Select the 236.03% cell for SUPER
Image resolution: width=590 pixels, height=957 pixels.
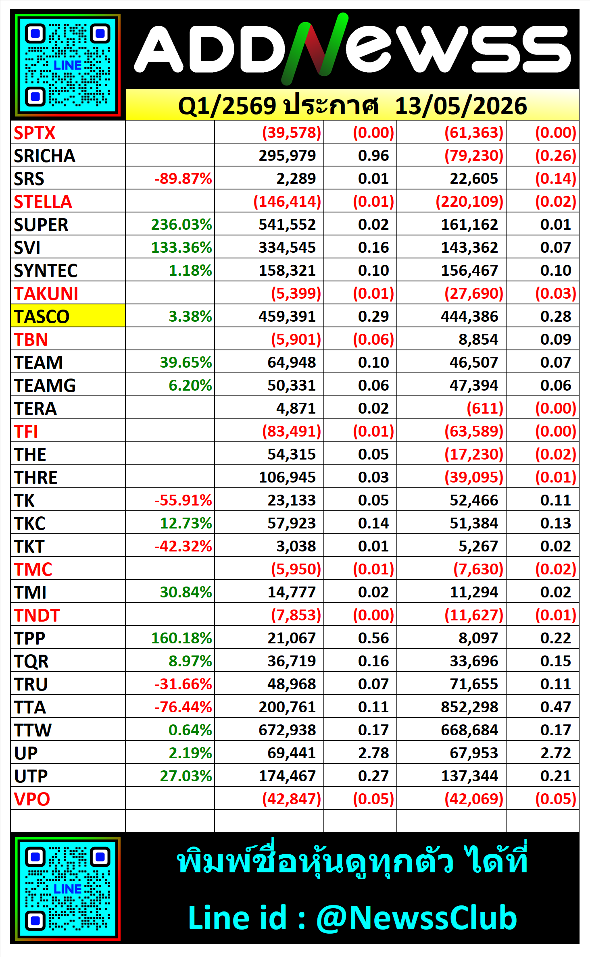(181, 225)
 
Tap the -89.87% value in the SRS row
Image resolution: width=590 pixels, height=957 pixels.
(183, 179)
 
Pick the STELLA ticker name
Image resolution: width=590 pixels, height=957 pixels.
(43, 202)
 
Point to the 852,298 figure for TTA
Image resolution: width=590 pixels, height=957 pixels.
(469, 707)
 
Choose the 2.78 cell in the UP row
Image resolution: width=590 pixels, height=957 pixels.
(373, 753)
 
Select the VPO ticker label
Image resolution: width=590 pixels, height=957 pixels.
(32, 799)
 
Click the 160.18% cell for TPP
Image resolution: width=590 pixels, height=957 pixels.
(181, 638)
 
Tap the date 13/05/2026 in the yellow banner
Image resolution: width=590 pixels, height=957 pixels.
(461, 106)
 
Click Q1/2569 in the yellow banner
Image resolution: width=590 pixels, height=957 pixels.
(227, 106)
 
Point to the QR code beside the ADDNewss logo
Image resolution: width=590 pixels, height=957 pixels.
(68, 65)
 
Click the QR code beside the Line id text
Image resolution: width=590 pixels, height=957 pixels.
(68, 889)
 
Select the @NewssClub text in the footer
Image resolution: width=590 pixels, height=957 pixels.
(416, 917)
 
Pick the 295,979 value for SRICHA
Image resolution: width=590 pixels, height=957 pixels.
(287, 156)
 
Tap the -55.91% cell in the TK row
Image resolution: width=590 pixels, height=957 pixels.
(183, 500)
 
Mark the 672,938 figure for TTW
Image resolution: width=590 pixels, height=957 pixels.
(287, 730)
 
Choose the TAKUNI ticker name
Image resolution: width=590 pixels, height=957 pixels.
(46, 293)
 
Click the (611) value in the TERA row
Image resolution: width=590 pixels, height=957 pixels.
(485, 408)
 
